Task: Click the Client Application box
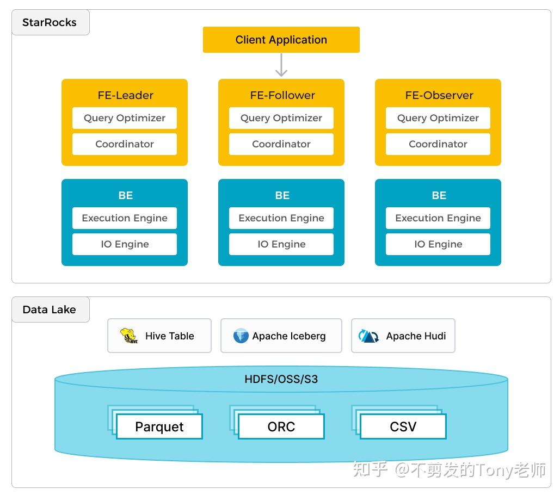(x=281, y=40)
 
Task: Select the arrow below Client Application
(x=281, y=65)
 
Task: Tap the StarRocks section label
(x=50, y=23)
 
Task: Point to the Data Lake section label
(x=50, y=310)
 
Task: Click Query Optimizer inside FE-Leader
(x=125, y=118)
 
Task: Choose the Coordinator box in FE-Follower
(x=281, y=144)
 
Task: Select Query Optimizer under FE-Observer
(x=438, y=118)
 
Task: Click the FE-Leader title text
(x=125, y=95)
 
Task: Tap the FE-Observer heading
(x=439, y=95)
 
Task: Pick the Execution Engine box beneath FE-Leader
(x=125, y=218)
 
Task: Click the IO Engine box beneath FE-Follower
(x=281, y=244)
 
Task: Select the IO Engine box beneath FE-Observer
(x=438, y=244)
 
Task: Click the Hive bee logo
(x=129, y=336)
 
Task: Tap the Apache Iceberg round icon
(x=241, y=336)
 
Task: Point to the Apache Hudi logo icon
(x=369, y=336)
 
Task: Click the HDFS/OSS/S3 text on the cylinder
(x=281, y=379)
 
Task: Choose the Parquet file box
(x=159, y=426)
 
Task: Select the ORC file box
(x=281, y=426)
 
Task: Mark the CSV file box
(x=403, y=426)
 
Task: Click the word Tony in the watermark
(x=493, y=469)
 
